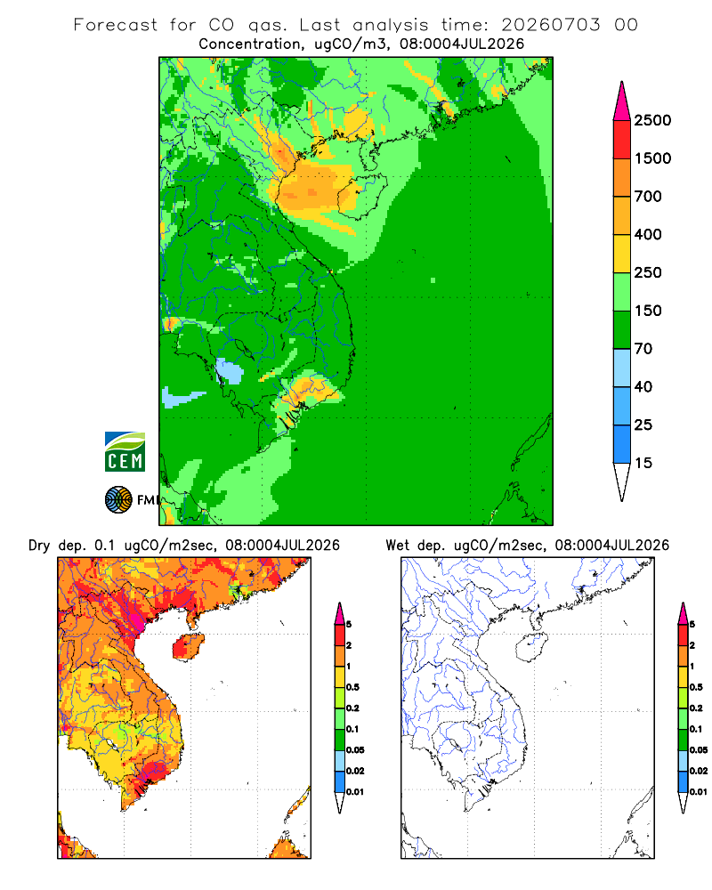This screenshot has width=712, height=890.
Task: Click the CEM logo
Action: [x=125, y=451]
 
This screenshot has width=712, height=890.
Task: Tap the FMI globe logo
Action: [x=118, y=500]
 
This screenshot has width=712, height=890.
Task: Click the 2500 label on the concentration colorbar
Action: [x=652, y=120]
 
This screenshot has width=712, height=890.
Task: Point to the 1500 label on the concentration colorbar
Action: [x=652, y=158]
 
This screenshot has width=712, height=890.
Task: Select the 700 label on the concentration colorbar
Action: [x=648, y=197]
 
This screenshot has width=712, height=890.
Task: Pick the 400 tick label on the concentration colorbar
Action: [x=648, y=234]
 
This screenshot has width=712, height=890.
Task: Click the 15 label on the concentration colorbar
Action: [x=643, y=463]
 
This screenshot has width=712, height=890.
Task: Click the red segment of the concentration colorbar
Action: [x=622, y=140]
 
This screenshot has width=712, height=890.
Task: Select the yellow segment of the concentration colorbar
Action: [x=622, y=254]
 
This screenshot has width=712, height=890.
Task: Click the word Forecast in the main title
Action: [x=116, y=25]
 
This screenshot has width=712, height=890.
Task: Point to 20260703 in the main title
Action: [x=550, y=25]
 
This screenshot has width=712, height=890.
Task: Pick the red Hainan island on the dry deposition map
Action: [x=188, y=648]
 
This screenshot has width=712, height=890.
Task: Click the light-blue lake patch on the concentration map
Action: [x=229, y=371]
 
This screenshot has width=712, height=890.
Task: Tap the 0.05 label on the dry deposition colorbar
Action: [x=355, y=749]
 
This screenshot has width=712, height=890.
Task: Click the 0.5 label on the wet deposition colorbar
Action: [x=695, y=687]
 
